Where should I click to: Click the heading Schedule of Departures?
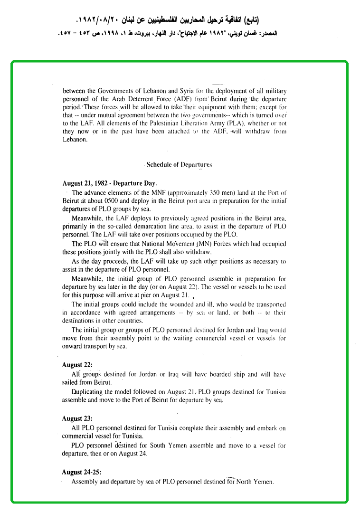[179, 165]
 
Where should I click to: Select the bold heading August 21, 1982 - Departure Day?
[110, 183]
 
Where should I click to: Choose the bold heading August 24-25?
[81, 472]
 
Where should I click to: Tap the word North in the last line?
[246, 482]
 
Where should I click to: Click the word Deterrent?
[139, 99]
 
